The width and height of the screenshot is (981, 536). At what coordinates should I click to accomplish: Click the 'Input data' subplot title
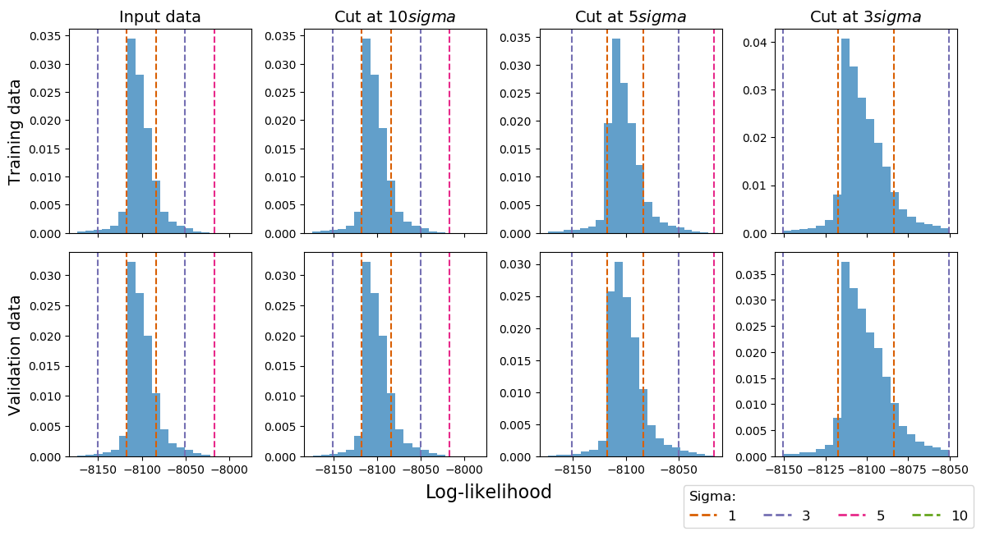(160, 16)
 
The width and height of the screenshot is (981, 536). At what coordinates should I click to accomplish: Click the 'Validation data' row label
(15, 355)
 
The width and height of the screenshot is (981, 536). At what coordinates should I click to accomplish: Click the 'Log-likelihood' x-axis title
(489, 492)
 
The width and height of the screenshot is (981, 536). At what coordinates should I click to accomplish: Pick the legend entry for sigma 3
(789, 515)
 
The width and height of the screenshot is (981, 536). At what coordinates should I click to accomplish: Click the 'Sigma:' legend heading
(712, 496)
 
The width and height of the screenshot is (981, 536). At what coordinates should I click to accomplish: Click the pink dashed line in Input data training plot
(214, 131)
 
